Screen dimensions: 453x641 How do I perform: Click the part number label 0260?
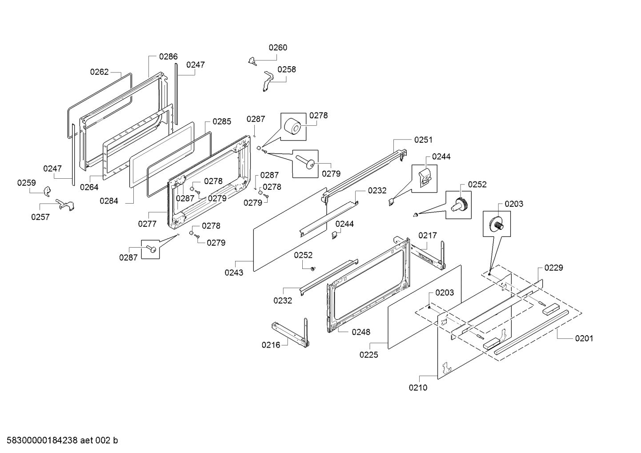[x=278, y=48]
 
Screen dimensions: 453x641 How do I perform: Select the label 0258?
[x=287, y=69]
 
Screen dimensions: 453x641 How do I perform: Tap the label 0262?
[x=99, y=72]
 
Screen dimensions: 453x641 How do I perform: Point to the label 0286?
[x=168, y=56]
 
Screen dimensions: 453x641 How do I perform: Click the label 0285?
[x=222, y=121]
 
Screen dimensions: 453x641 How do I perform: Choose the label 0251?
[x=423, y=140]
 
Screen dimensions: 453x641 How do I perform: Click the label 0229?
[x=554, y=268]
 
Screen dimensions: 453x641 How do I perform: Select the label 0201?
[x=584, y=338]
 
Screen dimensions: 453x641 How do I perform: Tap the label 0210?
[x=418, y=388]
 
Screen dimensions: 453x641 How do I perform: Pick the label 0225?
[x=369, y=355]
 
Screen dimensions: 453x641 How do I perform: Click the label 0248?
[x=361, y=332]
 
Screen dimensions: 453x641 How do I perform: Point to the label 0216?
[x=271, y=345]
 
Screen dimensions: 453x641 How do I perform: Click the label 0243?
[x=234, y=273]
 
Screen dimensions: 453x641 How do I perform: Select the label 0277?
[x=147, y=224]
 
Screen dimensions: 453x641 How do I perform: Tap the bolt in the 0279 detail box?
[x=305, y=161]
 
